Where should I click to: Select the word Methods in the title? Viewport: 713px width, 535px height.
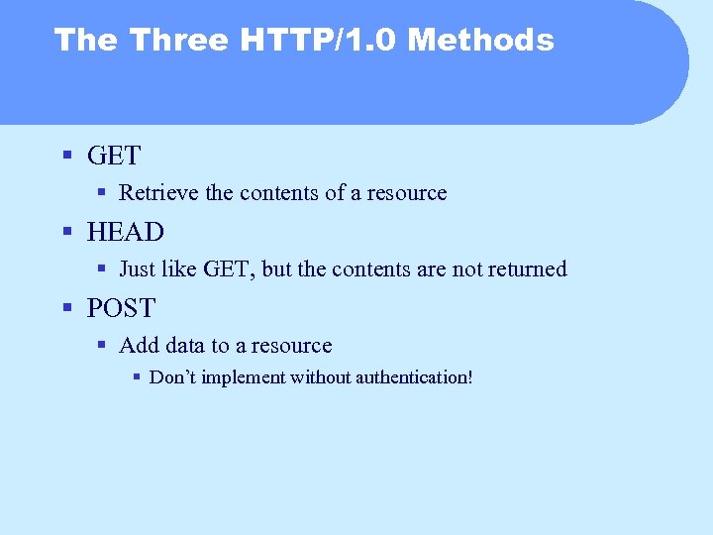pos(481,40)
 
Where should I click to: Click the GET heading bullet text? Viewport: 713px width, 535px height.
pos(114,156)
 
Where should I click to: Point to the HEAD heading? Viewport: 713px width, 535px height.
pos(126,232)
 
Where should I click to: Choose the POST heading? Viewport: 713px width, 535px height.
pos(122,308)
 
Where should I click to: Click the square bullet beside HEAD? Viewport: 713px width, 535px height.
pos(67,232)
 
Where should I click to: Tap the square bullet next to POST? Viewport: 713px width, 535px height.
pos(67,308)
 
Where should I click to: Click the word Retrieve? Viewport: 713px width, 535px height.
pos(158,193)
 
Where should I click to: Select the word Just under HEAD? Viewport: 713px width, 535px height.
pos(137,269)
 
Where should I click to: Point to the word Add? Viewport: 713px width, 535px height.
pos(137,346)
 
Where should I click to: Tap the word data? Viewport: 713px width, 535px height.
pos(181,346)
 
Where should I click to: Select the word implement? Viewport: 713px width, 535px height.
pos(247,377)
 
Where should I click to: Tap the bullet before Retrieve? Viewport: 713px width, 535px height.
pos(102,193)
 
